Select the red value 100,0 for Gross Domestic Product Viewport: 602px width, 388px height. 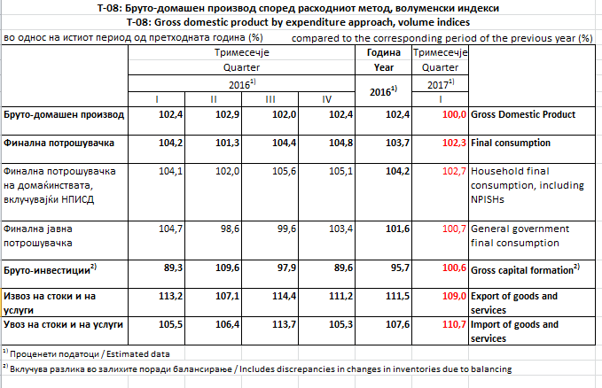453,115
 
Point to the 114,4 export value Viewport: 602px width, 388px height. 283,295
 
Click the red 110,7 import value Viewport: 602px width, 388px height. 453,324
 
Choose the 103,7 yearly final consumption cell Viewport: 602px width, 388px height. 396,143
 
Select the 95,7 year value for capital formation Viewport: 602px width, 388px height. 396,267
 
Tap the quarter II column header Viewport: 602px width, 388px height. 214,98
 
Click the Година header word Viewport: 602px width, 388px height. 384,53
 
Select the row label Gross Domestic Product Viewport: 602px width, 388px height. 523,115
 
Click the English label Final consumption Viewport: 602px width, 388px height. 511,143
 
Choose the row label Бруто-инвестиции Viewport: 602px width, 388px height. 50,267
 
